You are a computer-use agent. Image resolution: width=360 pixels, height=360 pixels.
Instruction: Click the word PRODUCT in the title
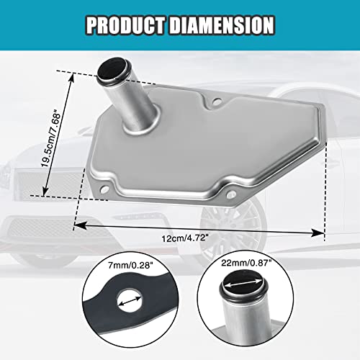(x=125, y=25)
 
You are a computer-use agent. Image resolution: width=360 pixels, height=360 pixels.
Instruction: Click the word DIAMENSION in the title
(x=222, y=25)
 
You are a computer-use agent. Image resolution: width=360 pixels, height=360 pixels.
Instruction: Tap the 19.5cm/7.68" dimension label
(x=50, y=138)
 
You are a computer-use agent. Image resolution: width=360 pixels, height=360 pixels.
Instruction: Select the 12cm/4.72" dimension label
(x=184, y=238)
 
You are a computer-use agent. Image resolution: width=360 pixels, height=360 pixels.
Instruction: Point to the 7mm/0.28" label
(x=130, y=266)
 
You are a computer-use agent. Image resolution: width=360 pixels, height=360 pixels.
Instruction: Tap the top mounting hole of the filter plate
(x=217, y=102)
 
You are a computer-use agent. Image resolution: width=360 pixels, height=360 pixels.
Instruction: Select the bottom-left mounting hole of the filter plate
(x=104, y=189)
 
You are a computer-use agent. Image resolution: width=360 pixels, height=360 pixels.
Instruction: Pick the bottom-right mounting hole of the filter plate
(x=230, y=194)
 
